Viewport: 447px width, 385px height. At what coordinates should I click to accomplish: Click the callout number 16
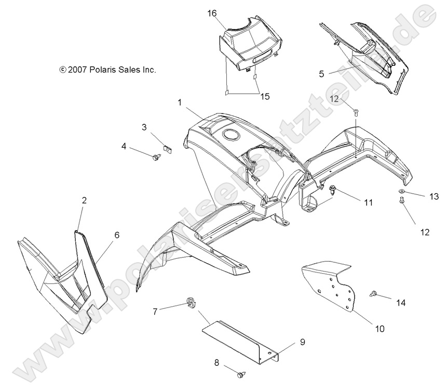pos(212,15)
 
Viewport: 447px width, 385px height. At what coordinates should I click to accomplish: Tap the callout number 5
pos(321,74)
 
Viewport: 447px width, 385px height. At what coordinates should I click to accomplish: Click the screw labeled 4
pos(156,156)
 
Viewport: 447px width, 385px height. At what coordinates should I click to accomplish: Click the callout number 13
pos(434,196)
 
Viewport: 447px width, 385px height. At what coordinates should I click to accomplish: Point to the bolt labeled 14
pos(373,294)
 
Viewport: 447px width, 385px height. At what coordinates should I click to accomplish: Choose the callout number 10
pos(380,329)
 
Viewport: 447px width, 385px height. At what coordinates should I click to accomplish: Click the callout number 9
pos(302,342)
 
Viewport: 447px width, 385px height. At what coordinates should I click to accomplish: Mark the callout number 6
pos(116,235)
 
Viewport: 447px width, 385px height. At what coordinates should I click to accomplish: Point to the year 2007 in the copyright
pos(77,69)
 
